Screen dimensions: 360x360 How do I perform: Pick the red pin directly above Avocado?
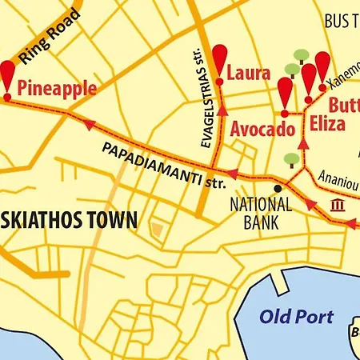[x=285, y=95]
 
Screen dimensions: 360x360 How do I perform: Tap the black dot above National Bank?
[x=278, y=188]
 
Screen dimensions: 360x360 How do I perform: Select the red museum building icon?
[x=338, y=206]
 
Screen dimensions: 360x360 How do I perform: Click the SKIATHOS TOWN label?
[x=68, y=218]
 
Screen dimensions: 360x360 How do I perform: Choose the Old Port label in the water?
[x=296, y=316]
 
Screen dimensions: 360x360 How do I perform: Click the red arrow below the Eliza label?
[x=303, y=144]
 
